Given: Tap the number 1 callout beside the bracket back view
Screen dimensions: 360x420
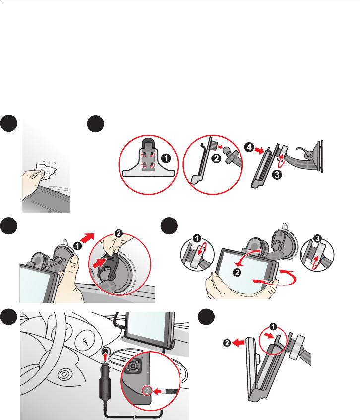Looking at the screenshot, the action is click(x=166, y=158).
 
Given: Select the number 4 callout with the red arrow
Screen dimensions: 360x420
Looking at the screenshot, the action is click(x=249, y=147).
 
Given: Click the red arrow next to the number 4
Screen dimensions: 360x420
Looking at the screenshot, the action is click(x=259, y=151).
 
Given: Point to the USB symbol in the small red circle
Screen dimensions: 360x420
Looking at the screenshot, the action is click(x=147, y=391).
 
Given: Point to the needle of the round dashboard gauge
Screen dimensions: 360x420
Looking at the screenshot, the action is click(x=86, y=342).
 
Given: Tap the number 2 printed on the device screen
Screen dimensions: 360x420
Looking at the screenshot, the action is click(x=237, y=273).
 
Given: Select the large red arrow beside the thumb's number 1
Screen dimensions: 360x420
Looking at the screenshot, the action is click(x=87, y=238).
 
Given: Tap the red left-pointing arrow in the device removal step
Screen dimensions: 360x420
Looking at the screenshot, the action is click(x=239, y=342).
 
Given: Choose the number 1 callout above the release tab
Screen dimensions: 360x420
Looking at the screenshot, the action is click(x=273, y=327).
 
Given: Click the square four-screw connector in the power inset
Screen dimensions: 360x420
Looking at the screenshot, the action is click(x=133, y=366).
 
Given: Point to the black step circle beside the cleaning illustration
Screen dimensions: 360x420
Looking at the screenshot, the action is click(x=9, y=123).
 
